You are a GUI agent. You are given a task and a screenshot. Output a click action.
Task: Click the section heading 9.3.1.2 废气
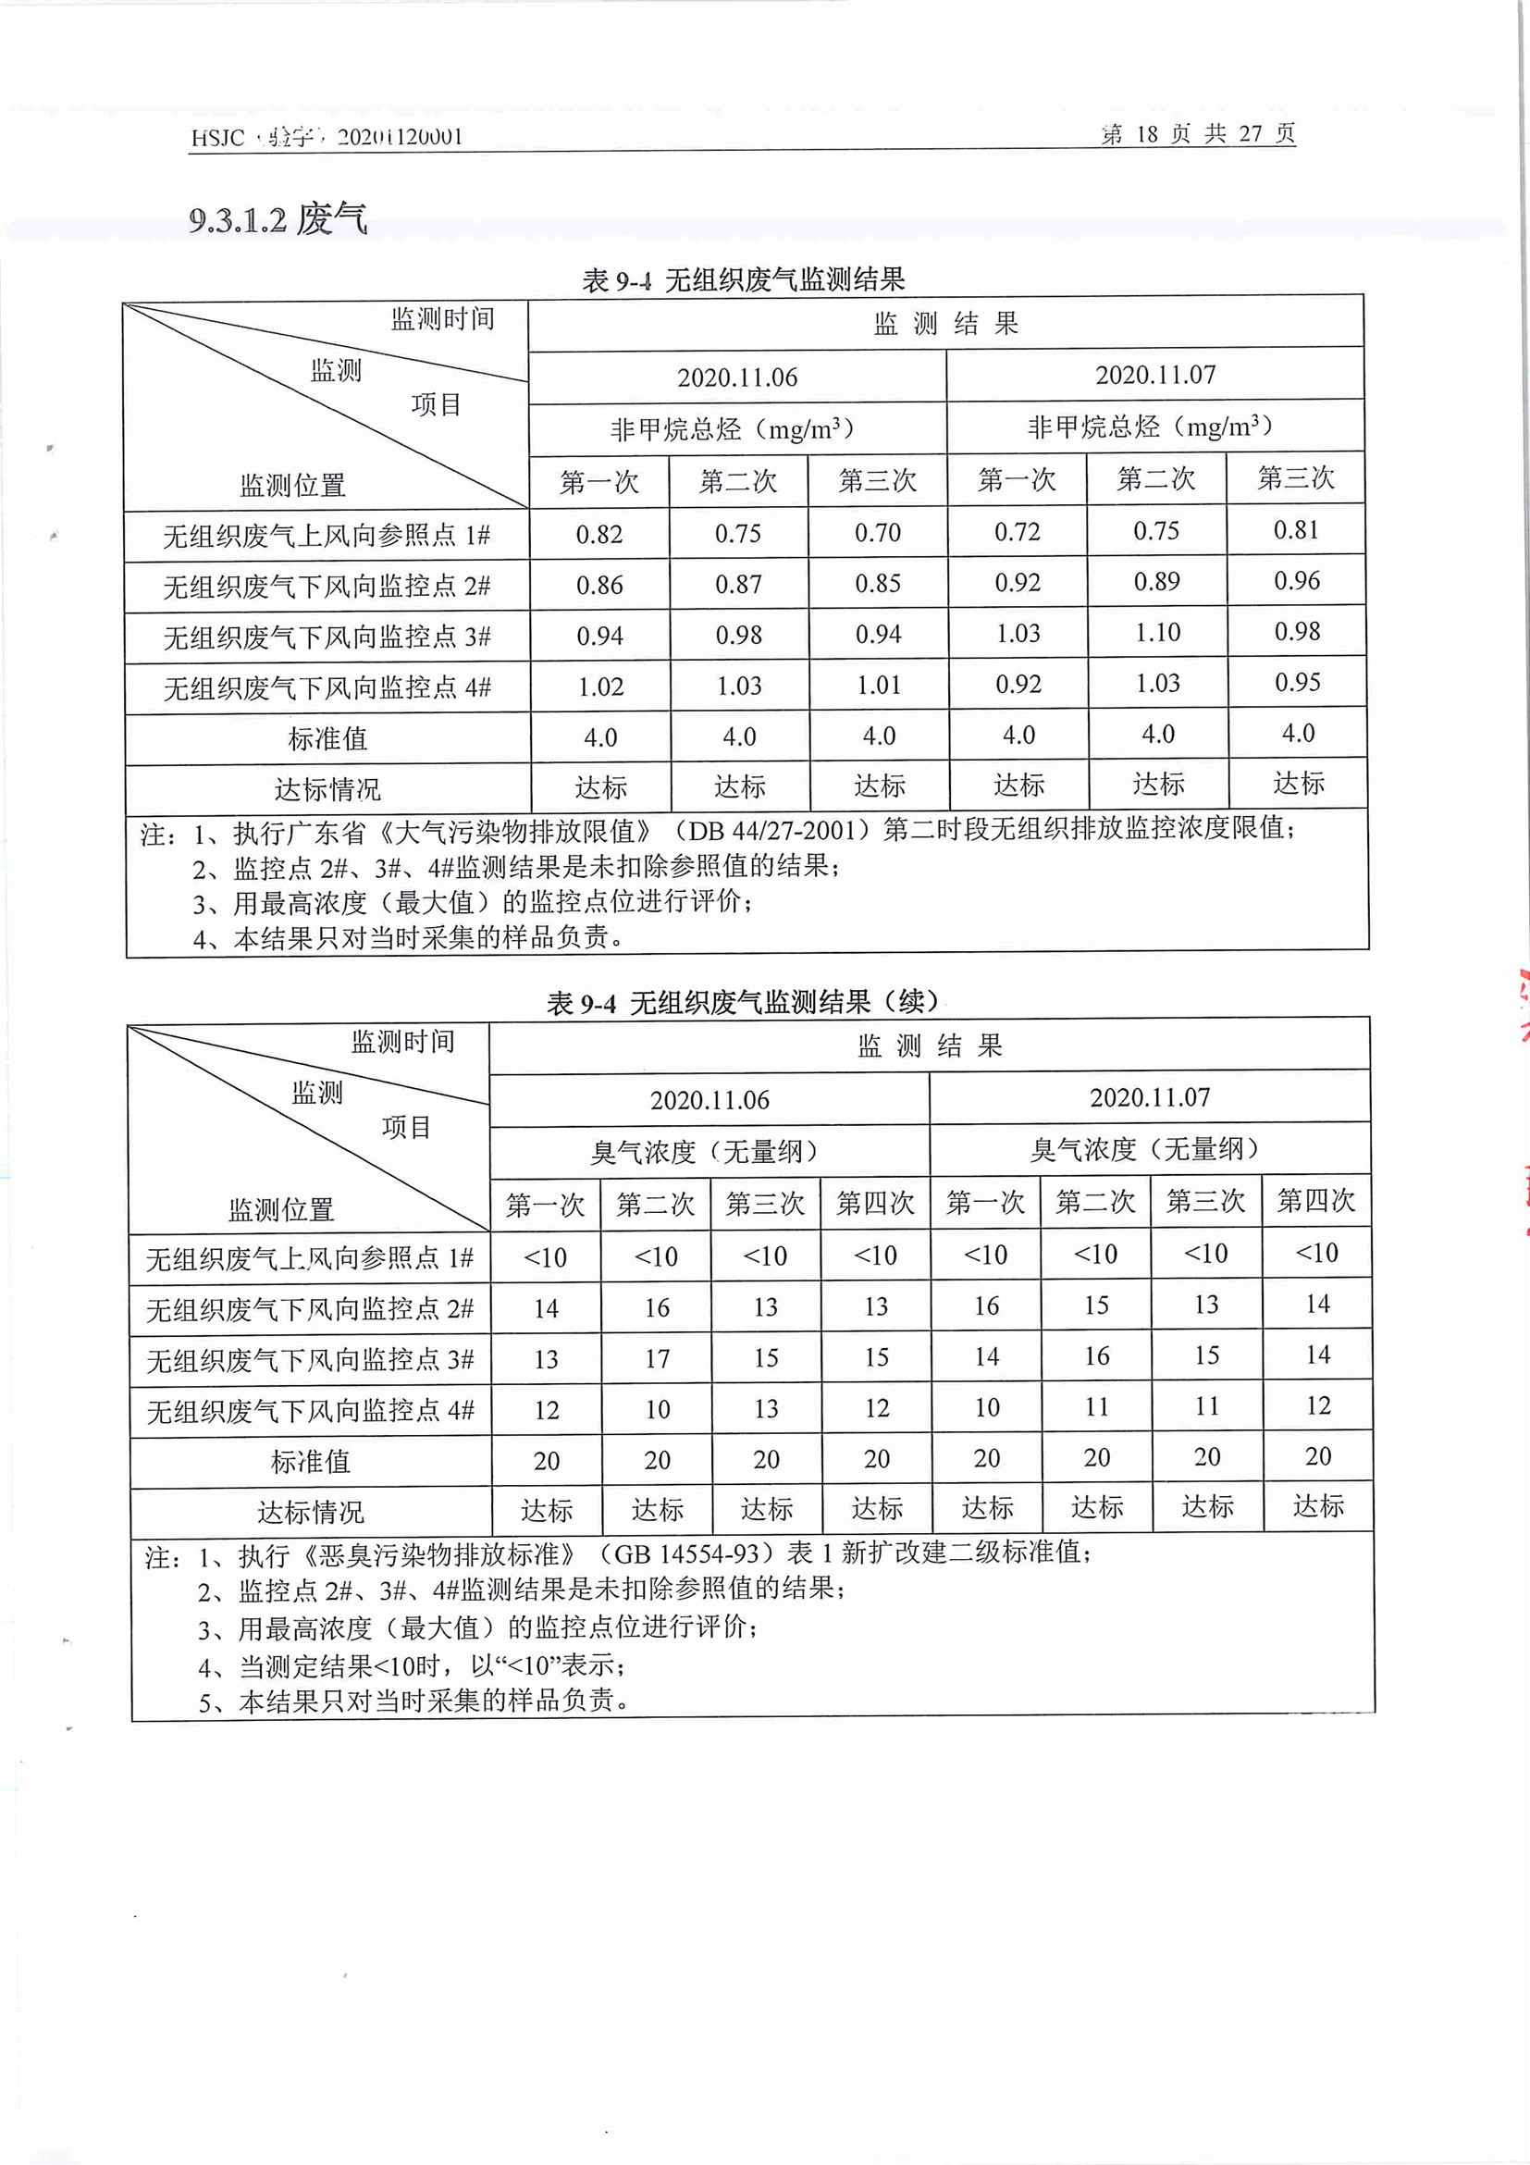coord(278,219)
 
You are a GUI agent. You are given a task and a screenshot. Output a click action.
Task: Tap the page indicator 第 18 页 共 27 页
coord(1197,134)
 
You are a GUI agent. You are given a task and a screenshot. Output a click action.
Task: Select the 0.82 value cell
coord(599,535)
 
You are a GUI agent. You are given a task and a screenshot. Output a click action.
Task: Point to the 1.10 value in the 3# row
coord(1157,633)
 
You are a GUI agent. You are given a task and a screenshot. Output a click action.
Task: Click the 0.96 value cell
coord(1296,581)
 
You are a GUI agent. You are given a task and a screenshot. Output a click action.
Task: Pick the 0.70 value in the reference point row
coord(878,533)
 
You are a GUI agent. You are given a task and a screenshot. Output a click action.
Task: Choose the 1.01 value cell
coord(879,685)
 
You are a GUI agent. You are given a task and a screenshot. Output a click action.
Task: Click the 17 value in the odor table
coord(657,1359)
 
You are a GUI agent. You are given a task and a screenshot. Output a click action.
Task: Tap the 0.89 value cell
coord(1156,582)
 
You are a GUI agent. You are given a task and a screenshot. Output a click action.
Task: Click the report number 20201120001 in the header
coord(400,138)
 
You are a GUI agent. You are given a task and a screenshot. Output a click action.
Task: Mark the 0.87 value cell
coord(738,585)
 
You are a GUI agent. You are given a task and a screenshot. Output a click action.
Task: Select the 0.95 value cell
coord(1297,682)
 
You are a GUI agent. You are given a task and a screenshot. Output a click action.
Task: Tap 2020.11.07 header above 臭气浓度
coord(1149,1097)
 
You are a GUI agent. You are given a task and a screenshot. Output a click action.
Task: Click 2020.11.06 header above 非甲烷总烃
coord(737,378)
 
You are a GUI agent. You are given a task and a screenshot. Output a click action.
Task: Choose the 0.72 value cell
coord(1018,532)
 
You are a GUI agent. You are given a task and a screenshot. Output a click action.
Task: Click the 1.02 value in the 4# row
coord(600,687)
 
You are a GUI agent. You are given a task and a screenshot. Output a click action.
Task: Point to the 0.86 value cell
coord(599,586)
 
